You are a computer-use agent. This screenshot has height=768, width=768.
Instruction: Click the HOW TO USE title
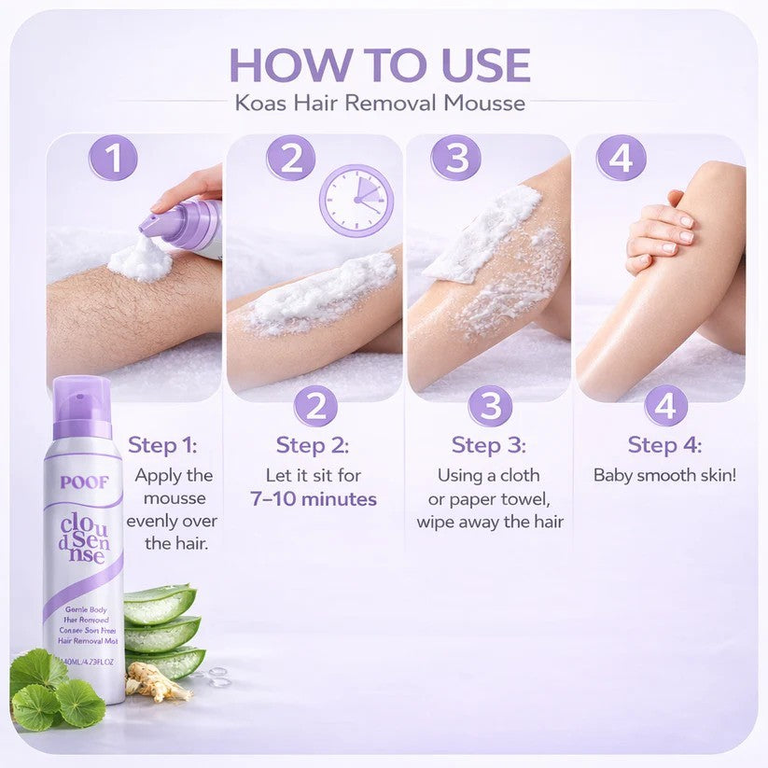click(x=380, y=64)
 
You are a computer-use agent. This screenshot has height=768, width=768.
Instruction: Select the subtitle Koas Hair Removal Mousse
click(x=380, y=102)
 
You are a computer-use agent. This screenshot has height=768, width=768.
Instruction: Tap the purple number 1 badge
click(x=113, y=158)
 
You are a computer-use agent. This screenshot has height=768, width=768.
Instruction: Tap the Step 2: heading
click(x=314, y=444)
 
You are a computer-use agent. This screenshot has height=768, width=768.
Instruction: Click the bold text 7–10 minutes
click(x=314, y=498)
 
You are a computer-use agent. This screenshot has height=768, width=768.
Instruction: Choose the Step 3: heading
click(x=489, y=444)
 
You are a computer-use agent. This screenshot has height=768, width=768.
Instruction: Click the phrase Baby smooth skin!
click(x=664, y=475)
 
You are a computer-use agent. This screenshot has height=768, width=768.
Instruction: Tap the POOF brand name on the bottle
click(x=84, y=482)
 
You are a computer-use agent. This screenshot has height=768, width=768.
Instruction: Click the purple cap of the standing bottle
click(x=82, y=407)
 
